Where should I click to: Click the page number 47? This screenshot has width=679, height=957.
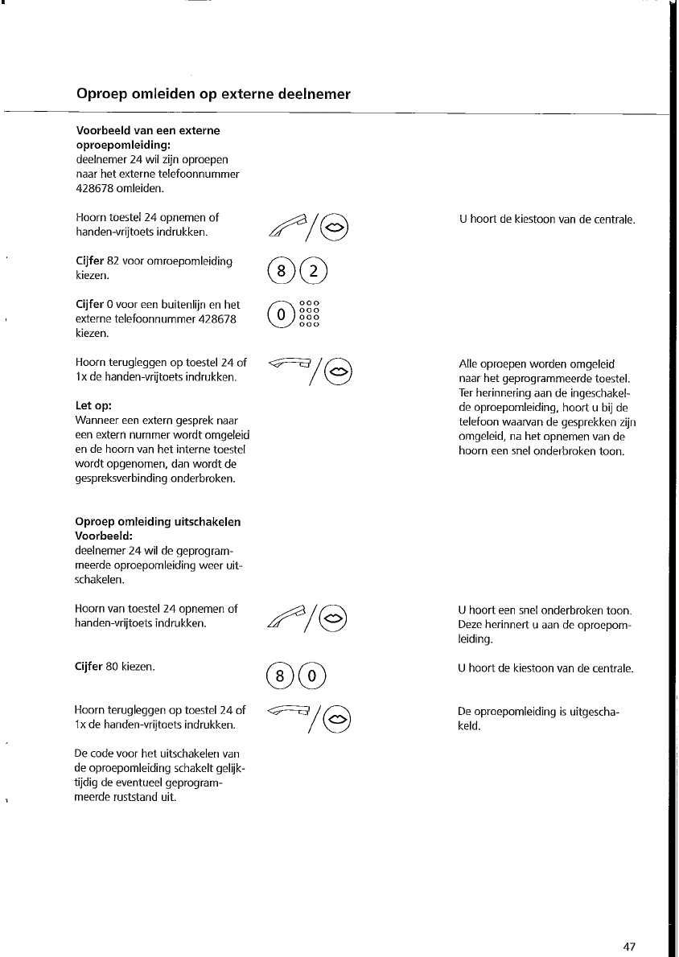click(x=629, y=947)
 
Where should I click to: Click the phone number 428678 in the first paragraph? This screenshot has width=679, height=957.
click(x=95, y=189)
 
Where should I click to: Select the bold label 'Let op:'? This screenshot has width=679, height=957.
click(x=93, y=406)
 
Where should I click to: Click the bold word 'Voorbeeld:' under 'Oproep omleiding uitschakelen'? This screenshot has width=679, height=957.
click(x=103, y=536)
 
